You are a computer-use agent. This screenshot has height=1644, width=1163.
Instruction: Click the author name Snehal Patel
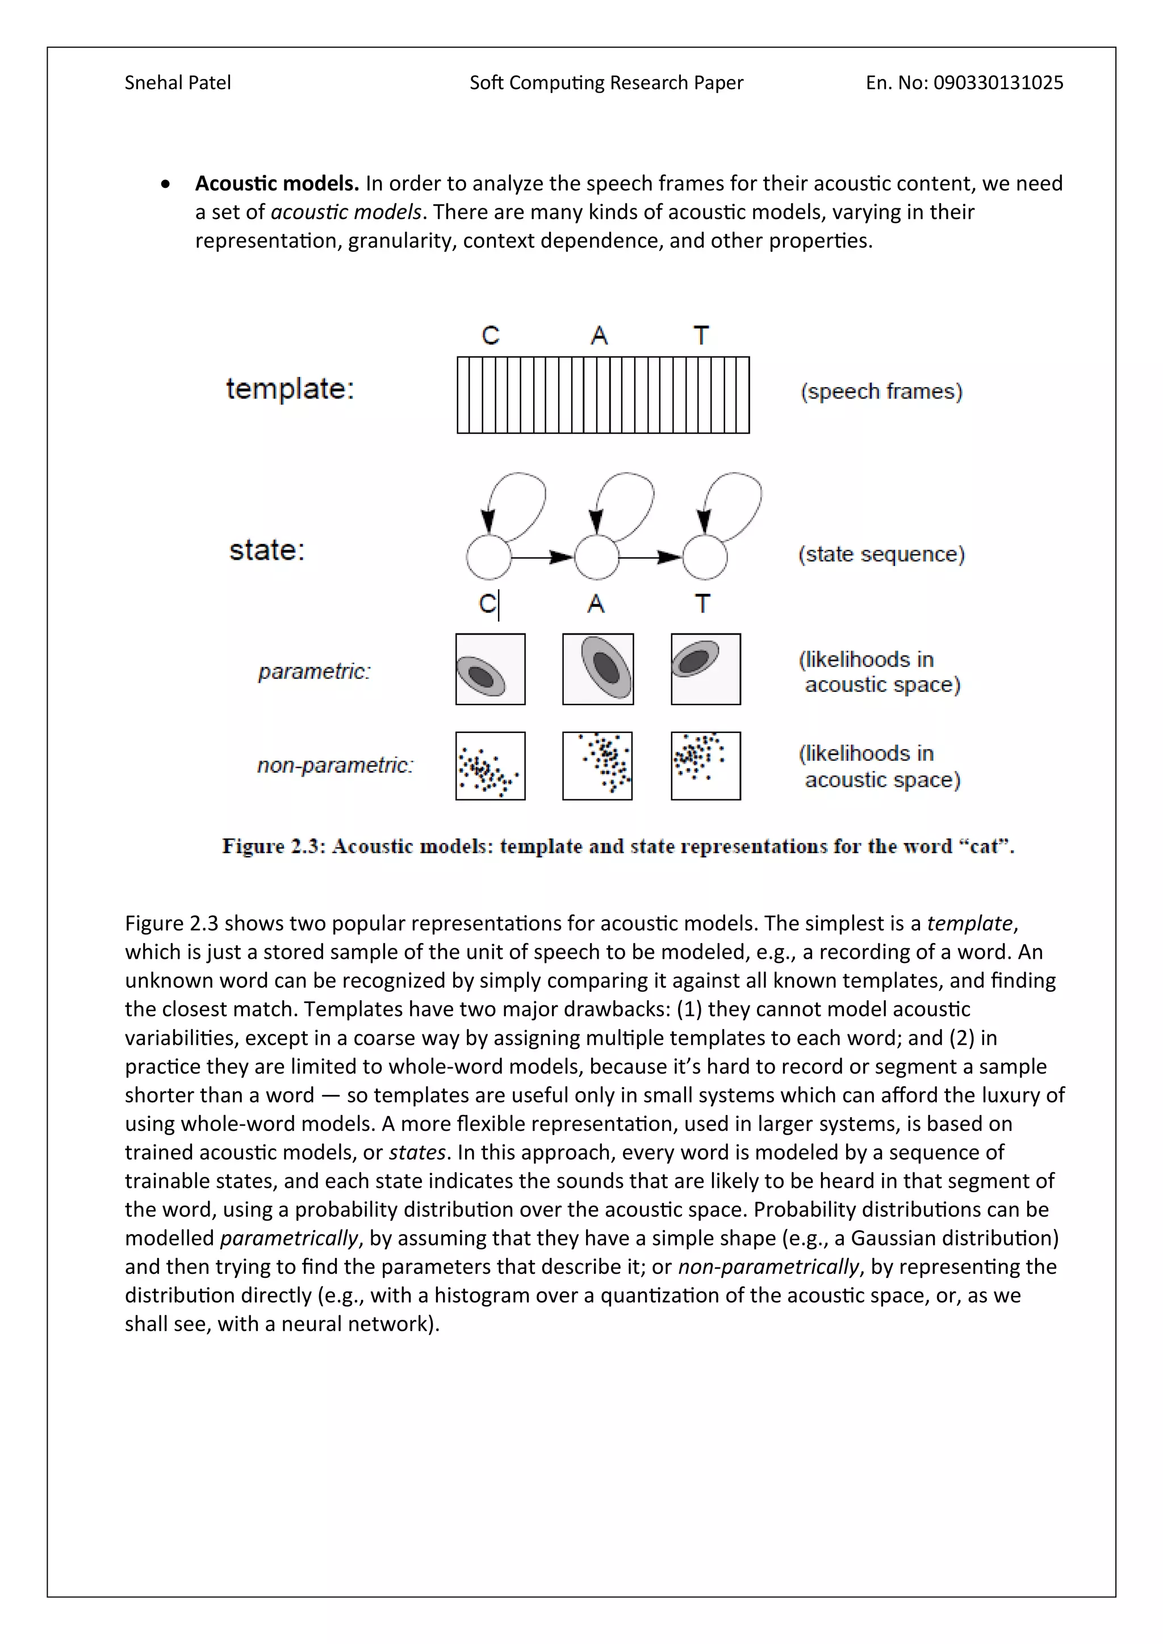[178, 83]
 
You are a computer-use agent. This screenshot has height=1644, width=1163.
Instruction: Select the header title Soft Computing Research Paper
[606, 83]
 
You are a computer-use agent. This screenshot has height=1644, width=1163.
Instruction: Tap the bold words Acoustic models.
[277, 184]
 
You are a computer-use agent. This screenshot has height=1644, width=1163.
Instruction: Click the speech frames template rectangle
[603, 395]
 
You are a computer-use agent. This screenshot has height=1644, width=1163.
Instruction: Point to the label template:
[290, 389]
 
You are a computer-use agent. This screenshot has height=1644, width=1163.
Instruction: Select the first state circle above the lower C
[488, 557]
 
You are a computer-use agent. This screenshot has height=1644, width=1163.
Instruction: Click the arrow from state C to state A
[542, 557]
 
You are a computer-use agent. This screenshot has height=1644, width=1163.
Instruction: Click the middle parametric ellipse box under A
[598, 669]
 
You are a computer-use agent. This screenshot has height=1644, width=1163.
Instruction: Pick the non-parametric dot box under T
[705, 765]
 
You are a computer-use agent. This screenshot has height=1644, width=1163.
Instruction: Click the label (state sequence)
[881, 554]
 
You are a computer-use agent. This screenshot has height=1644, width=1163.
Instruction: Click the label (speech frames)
[881, 392]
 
